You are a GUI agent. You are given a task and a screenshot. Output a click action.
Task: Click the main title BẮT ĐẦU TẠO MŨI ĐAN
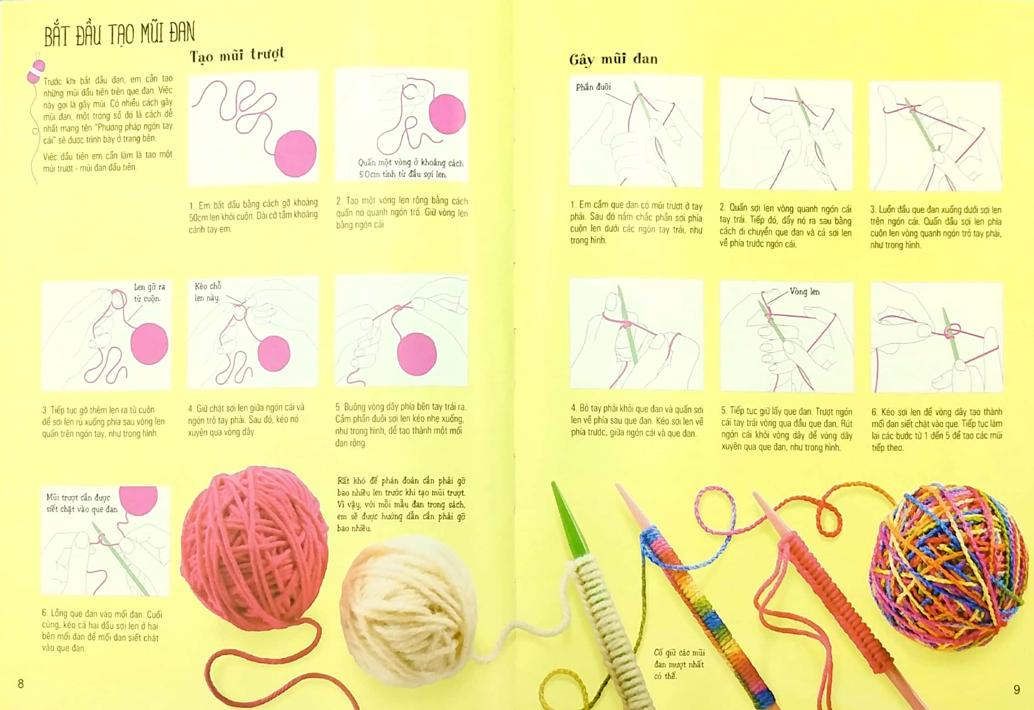point(119,34)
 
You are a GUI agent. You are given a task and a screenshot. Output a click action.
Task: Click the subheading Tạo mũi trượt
point(236,55)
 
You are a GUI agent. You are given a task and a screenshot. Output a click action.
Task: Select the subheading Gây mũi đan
point(613,60)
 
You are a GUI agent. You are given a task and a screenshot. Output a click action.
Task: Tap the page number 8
point(21,683)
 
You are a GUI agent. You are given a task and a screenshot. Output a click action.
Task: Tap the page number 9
point(1016,689)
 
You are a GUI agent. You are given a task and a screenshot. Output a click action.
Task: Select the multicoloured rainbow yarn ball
point(949,569)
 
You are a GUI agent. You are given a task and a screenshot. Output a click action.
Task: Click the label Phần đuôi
point(593,87)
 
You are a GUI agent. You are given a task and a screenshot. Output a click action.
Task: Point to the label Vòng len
point(804,292)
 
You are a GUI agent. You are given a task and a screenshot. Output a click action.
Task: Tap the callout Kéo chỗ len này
point(208,292)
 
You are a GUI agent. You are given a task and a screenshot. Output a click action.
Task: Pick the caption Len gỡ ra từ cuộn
point(149,293)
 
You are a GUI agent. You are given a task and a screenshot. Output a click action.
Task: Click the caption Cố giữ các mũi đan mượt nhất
point(679,664)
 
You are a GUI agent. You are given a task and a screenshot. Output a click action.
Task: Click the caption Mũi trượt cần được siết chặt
point(82,503)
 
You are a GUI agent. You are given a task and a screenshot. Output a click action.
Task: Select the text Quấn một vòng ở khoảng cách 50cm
point(410,168)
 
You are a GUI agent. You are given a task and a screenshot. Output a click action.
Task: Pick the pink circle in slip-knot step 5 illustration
point(417,354)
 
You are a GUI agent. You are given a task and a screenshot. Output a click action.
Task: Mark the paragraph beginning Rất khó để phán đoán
point(401,504)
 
